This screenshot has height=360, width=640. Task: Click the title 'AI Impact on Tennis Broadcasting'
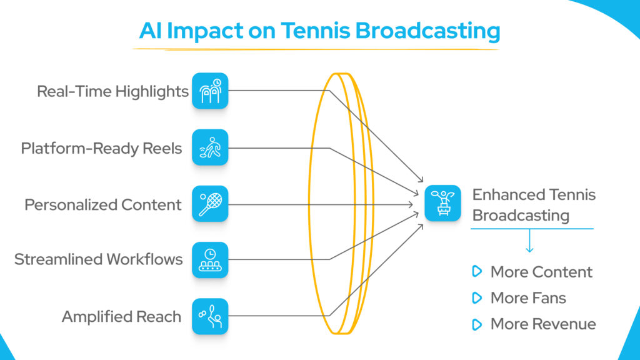[x=319, y=30]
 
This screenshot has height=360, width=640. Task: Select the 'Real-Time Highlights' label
[x=112, y=91]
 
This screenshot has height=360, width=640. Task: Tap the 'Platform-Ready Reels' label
[x=101, y=148]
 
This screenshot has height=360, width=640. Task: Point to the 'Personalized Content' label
[x=103, y=204]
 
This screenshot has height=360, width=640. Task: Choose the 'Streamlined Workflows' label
[x=99, y=259]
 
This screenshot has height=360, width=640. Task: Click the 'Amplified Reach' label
[x=121, y=316]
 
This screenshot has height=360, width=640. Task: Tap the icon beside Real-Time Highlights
[x=210, y=91]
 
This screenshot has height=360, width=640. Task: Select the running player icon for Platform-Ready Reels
[x=210, y=147]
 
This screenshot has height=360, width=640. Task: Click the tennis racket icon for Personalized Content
[x=210, y=204]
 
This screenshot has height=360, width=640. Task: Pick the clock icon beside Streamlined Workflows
[x=210, y=260]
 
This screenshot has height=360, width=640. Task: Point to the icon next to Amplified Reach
[x=210, y=316]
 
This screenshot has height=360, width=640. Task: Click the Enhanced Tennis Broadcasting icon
[x=442, y=203]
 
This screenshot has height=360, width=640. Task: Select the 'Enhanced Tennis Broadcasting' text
[x=533, y=204]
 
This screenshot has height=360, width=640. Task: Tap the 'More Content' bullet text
[x=541, y=272]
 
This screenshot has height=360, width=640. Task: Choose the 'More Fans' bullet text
[x=528, y=298]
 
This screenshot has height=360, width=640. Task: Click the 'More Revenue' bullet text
[x=542, y=324]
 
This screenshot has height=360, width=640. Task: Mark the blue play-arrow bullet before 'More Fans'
[x=477, y=298]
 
